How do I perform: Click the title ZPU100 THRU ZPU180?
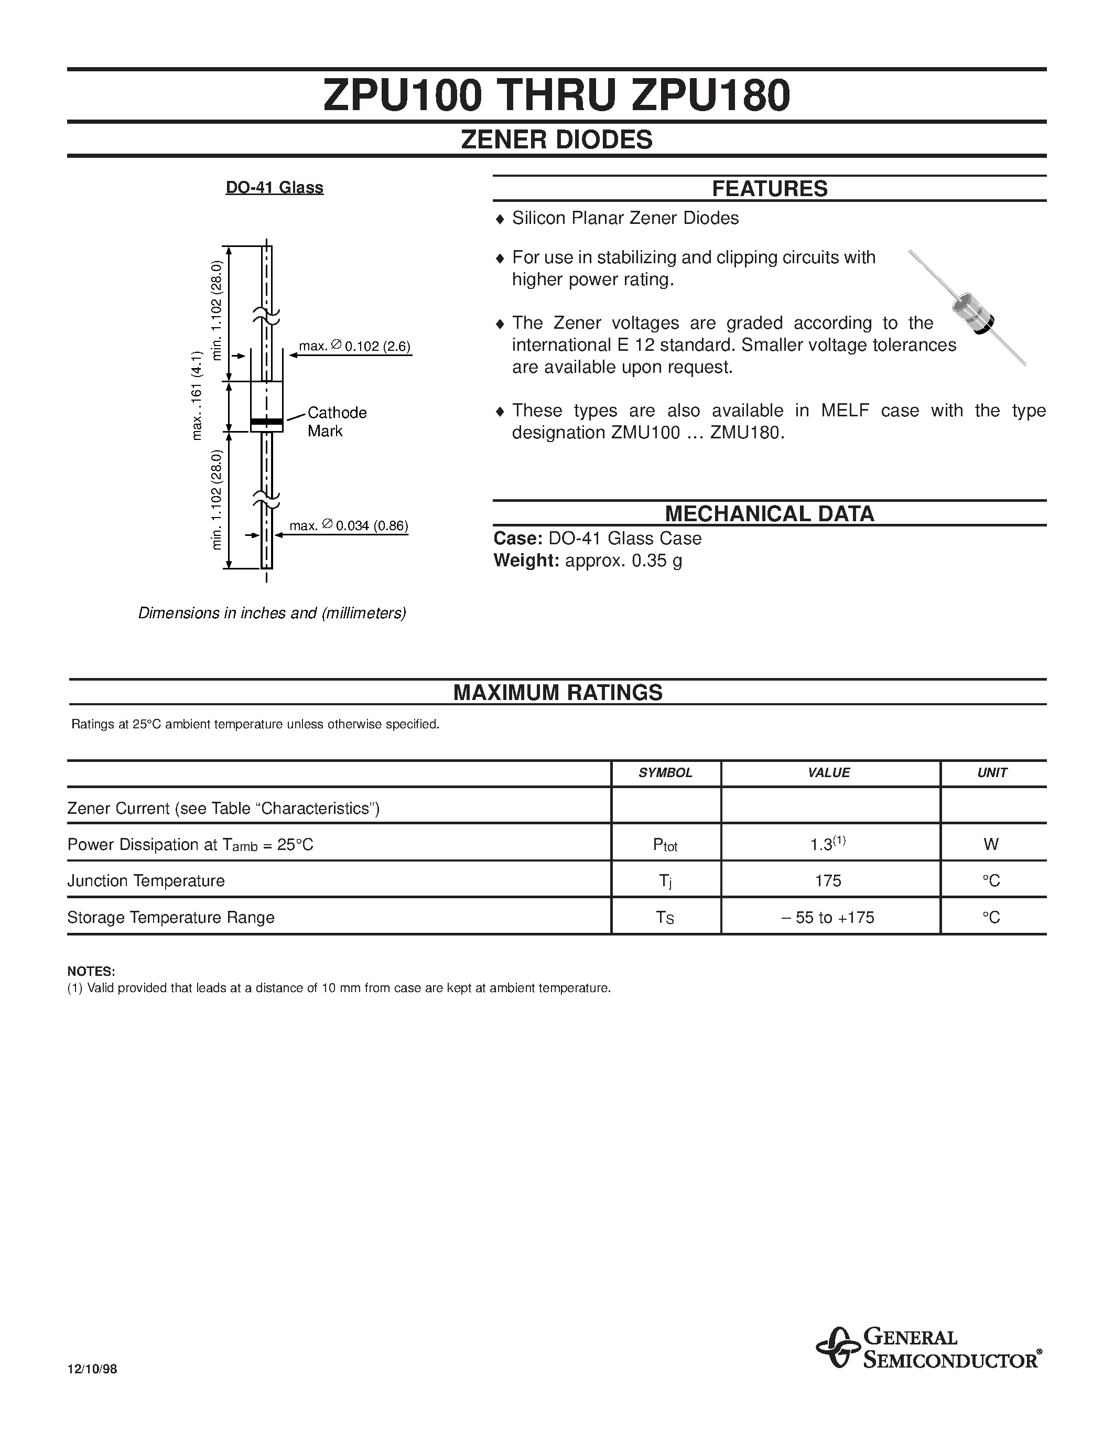pos(556,96)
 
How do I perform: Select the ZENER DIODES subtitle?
pos(556,139)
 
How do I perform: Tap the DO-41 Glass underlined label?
pos(275,188)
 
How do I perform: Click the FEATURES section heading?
pos(770,189)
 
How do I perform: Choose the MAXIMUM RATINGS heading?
pos(558,693)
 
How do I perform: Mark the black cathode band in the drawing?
pos(267,421)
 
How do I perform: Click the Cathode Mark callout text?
pos(337,421)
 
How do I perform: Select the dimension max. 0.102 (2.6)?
pos(355,346)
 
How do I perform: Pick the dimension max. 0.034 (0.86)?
pos(349,526)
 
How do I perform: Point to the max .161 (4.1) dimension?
pos(197,396)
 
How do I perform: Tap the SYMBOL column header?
pos(665,773)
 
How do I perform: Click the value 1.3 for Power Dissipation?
pos(828,844)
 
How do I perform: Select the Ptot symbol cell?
pos(665,844)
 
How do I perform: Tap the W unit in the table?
pos(991,844)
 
